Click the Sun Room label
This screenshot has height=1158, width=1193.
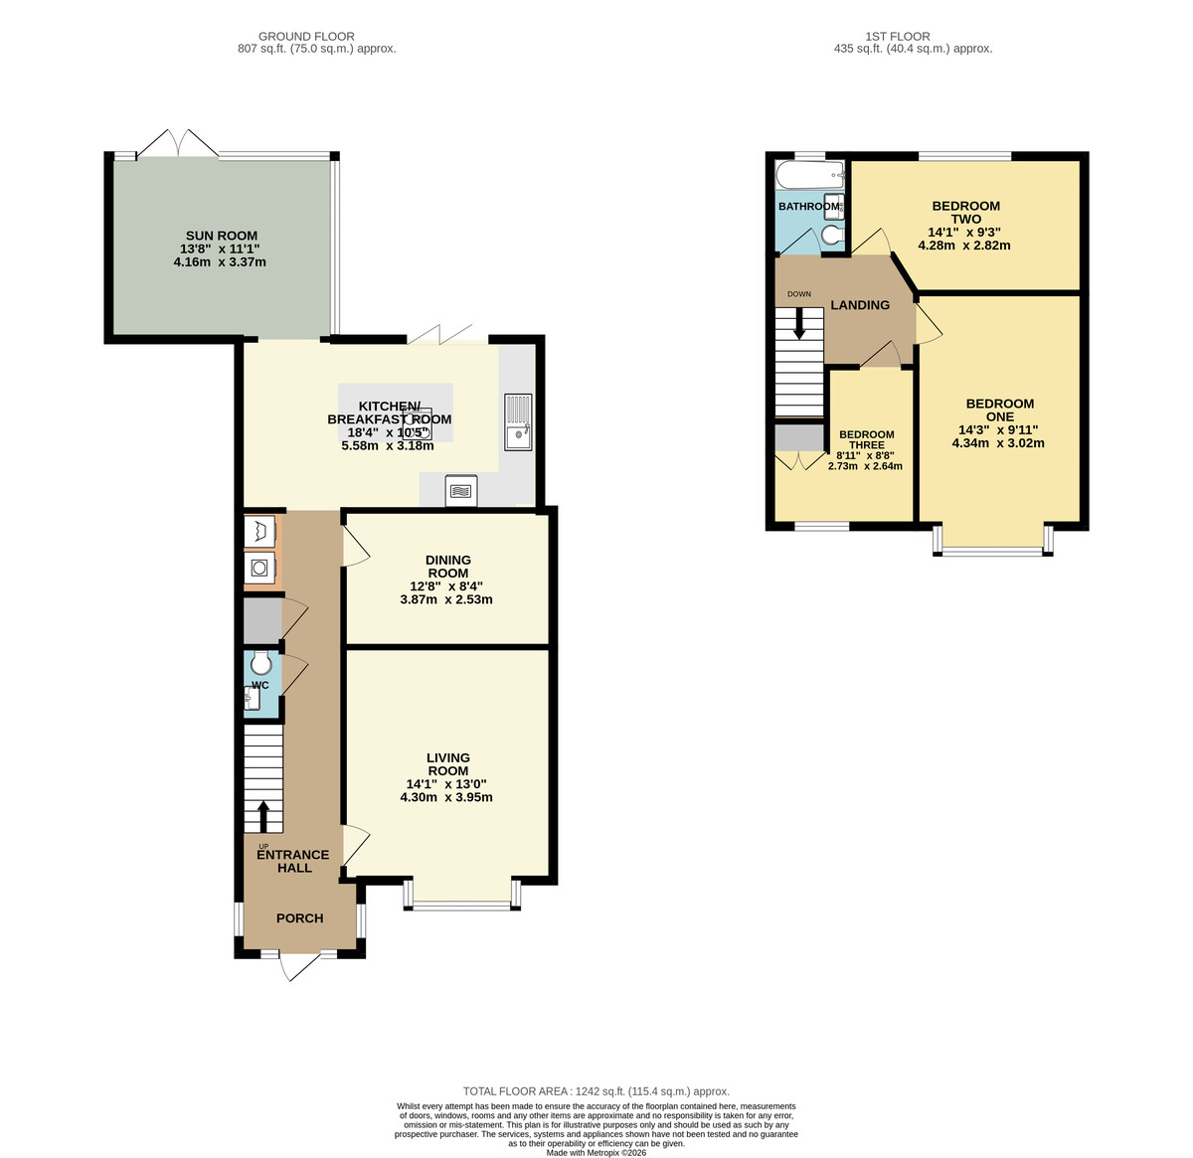222,236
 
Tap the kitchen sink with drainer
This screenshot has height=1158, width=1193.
518,421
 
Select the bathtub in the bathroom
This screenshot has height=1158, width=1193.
810,175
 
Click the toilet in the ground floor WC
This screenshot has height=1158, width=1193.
261,661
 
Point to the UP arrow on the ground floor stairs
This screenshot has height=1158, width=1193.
263,815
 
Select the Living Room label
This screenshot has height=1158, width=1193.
448,763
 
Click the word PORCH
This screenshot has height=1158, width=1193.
300,917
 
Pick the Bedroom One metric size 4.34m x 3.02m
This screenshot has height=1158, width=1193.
998,442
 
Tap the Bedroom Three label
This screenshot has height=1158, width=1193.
867,439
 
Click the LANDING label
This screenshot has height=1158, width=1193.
860,305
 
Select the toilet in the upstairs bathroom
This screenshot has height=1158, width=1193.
832,235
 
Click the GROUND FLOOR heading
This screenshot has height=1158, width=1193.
306,37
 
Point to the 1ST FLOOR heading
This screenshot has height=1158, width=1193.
898,37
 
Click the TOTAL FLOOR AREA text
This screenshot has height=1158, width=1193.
596,1091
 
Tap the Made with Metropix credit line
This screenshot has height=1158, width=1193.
596,1152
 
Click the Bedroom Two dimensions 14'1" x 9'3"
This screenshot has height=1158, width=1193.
964,233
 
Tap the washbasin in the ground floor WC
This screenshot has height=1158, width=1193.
252,698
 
